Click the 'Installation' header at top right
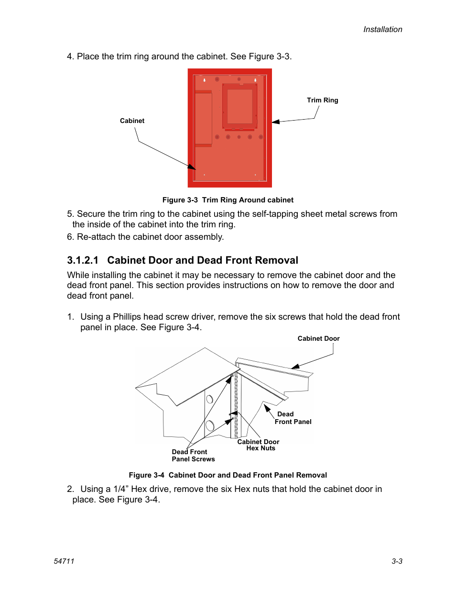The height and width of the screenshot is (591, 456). (x=382, y=29)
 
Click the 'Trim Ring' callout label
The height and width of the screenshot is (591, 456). (x=322, y=100)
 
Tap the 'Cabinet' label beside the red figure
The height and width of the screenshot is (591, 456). (x=132, y=121)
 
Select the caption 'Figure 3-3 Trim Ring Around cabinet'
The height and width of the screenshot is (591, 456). (x=228, y=200)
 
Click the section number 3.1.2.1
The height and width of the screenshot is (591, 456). (x=83, y=260)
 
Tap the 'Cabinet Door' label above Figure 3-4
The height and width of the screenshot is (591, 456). (x=318, y=338)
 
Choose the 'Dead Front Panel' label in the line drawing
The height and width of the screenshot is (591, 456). (x=293, y=418)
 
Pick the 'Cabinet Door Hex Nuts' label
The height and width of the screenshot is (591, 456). (x=259, y=445)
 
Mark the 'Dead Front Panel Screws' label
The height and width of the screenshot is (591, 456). (x=193, y=456)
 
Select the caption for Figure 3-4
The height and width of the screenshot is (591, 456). (x=228, y=475)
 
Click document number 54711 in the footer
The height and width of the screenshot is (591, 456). (x=64, y=561)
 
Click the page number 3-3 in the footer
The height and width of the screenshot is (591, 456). (x=397, y=561)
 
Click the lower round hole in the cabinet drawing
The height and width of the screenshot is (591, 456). (x=210, y=425)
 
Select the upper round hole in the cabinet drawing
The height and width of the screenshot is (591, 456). (x=209, y=399)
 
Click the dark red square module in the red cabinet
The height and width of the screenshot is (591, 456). (x=239, y=106)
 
